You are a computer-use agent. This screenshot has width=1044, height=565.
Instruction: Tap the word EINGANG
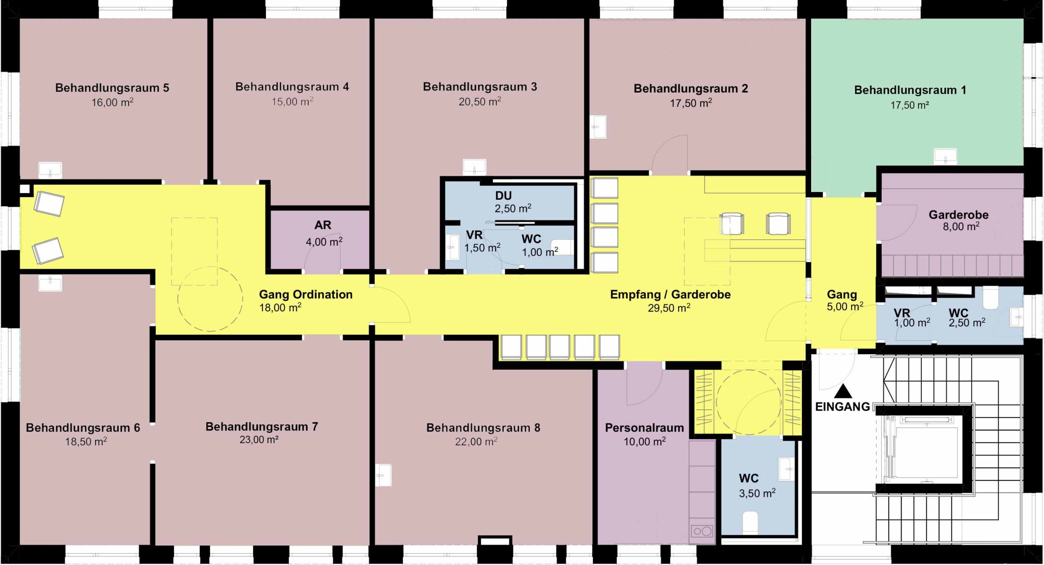843,406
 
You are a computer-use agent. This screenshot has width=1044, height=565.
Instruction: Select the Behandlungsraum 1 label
910,90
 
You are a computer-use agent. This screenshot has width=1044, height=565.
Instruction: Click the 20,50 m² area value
480,102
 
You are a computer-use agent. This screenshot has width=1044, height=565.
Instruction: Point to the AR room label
323,225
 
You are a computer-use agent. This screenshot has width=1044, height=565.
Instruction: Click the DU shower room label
503,196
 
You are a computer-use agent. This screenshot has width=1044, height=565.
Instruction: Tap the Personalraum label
644,428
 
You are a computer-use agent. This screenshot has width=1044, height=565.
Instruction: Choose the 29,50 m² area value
669,308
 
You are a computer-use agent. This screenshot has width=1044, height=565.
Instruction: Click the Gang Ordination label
306,294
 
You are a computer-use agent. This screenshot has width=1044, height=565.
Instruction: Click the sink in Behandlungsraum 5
50,170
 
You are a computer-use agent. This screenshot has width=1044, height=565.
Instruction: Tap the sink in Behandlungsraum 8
383,475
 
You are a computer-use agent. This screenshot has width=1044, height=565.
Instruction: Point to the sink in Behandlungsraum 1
945,157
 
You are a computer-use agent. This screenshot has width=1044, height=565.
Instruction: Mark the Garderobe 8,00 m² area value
961,227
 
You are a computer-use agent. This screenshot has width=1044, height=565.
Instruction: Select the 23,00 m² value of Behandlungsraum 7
259,440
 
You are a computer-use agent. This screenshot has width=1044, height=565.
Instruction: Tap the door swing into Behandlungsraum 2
669,154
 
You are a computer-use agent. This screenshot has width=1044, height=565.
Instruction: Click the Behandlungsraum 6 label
83,428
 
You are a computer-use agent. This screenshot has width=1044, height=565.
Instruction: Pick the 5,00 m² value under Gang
845,307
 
